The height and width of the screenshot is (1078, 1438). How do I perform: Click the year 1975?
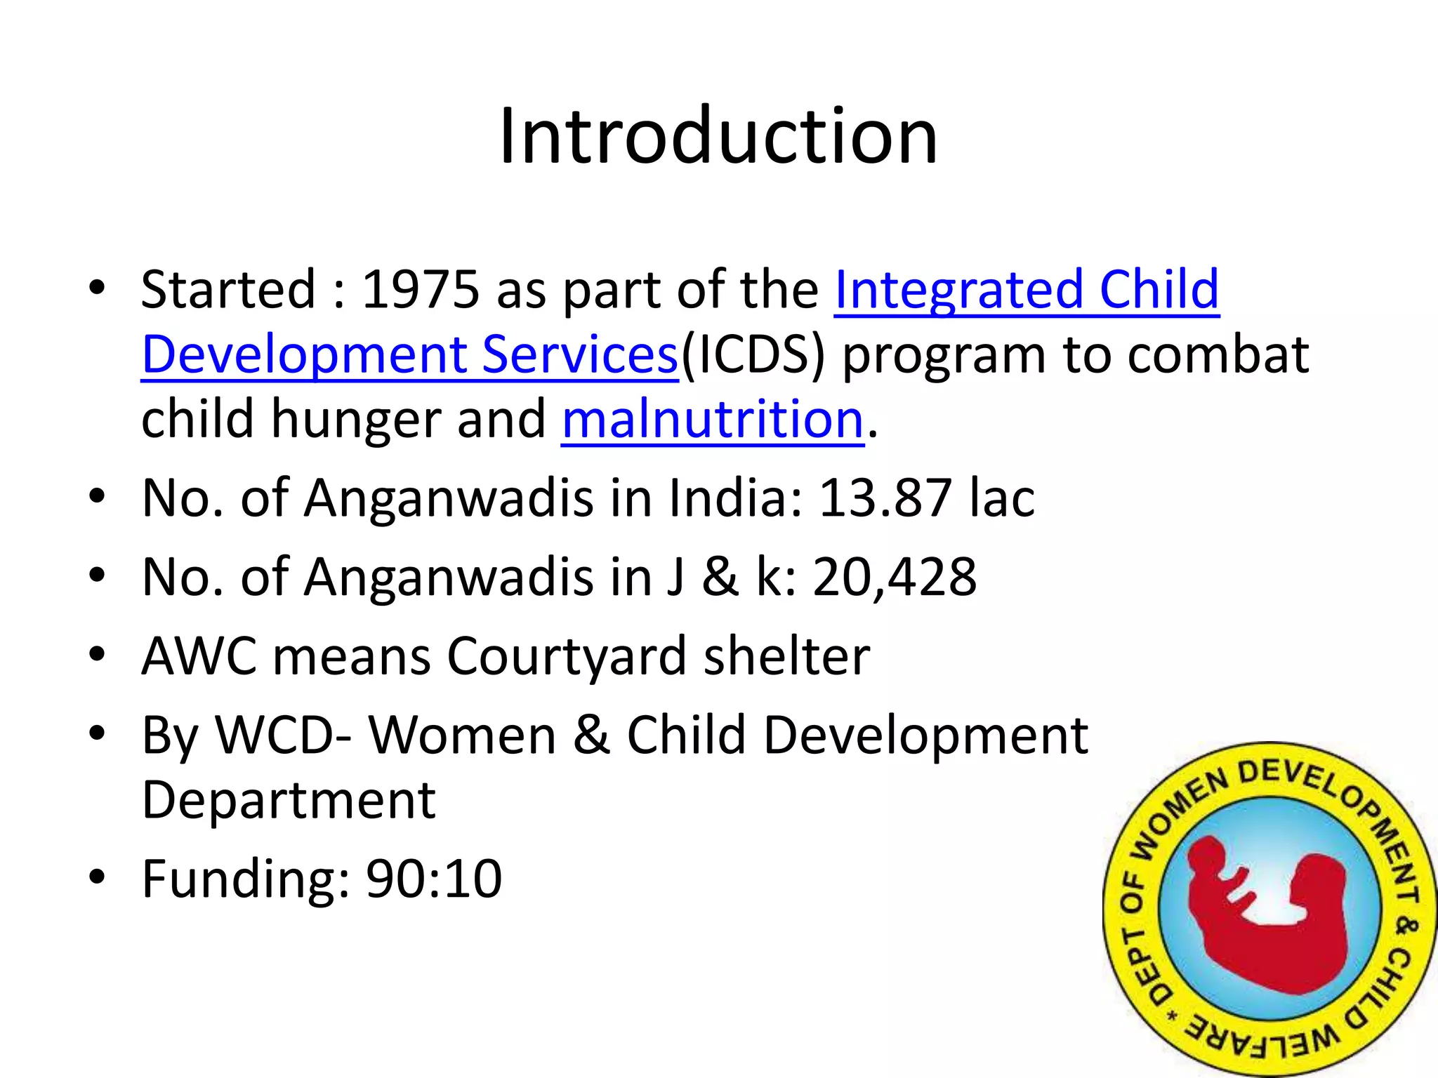(419, 289)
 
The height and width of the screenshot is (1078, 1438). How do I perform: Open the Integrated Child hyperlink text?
(1027, 289)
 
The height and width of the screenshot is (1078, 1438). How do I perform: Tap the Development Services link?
(409, 354)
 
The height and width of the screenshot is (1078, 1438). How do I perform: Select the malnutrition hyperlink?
(713, 420)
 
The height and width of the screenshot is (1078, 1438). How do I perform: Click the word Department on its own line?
(289, 800)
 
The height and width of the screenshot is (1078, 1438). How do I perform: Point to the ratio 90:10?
(434, 879)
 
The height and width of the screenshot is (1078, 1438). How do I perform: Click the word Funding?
(245, 879)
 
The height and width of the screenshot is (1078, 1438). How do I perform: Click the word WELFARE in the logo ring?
(1264, 1039)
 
